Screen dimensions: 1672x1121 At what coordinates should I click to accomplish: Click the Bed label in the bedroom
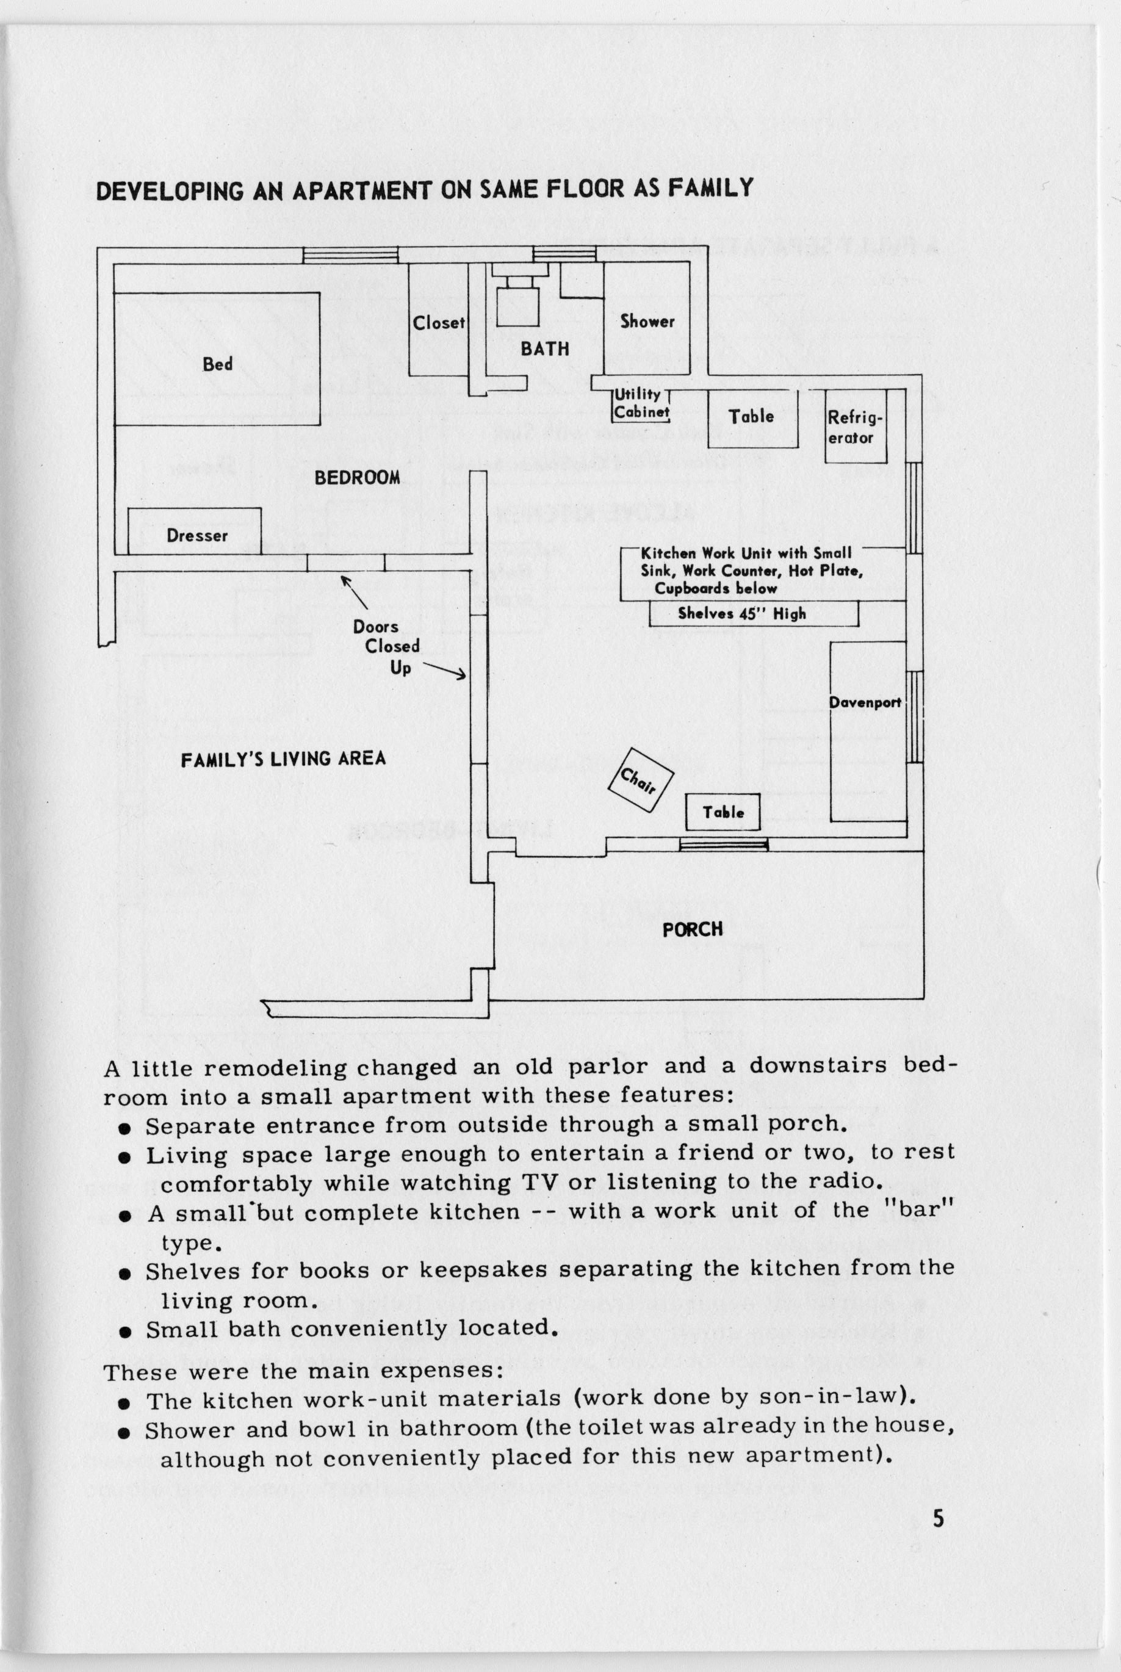(x=217, y=364)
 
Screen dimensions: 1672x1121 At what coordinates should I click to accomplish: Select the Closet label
(x=438, y=323)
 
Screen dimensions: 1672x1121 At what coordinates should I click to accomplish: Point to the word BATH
(x=545, y=349)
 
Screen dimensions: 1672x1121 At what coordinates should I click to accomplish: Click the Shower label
(x=647, y=322)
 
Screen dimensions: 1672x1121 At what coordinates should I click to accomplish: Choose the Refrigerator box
(x=856, y=427)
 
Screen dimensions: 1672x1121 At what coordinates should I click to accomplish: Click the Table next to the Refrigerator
(x=751, y=417)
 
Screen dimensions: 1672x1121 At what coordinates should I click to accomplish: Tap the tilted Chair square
(x=640, y=780)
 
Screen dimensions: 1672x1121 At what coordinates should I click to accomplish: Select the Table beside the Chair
(x=723, y=812)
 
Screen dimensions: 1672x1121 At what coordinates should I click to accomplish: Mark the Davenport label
(x=864, y=703)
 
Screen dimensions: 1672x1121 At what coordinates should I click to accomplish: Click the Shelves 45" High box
(x=754, y=613)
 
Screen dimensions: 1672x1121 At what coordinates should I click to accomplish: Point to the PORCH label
(x=692, y=929)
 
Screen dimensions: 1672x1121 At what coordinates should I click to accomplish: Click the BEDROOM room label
(x=358, y=478)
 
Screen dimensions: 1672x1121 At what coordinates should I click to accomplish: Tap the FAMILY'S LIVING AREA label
(x=283, y=759)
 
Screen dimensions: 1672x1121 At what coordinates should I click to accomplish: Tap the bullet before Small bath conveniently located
(x=125, y=1331)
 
